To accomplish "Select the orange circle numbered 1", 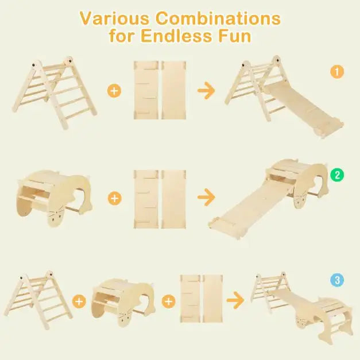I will point(336,72).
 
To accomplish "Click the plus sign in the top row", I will point(115,90).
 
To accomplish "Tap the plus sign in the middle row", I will point(115,198).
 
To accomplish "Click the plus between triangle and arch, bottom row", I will point(79,301).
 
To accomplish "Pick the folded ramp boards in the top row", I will point(161,90).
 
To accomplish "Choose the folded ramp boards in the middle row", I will point(161,198).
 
